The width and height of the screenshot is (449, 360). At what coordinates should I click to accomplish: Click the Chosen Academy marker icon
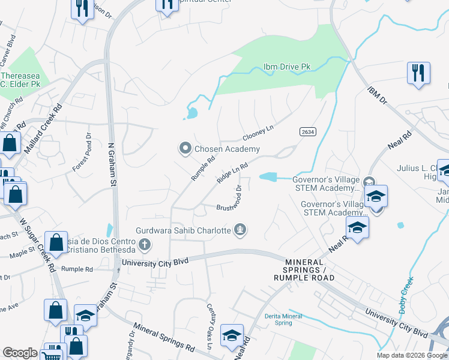(x=185, y=148)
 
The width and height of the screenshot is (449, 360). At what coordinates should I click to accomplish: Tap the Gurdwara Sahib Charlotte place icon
(x=241, y=229)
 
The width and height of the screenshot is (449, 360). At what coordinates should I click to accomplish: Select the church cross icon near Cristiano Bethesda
(x=144, y=244)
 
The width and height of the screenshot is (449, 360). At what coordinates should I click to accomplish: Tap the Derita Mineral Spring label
(x=279, y=319)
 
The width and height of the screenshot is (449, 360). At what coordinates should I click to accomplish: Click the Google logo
(x=20, y=353)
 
